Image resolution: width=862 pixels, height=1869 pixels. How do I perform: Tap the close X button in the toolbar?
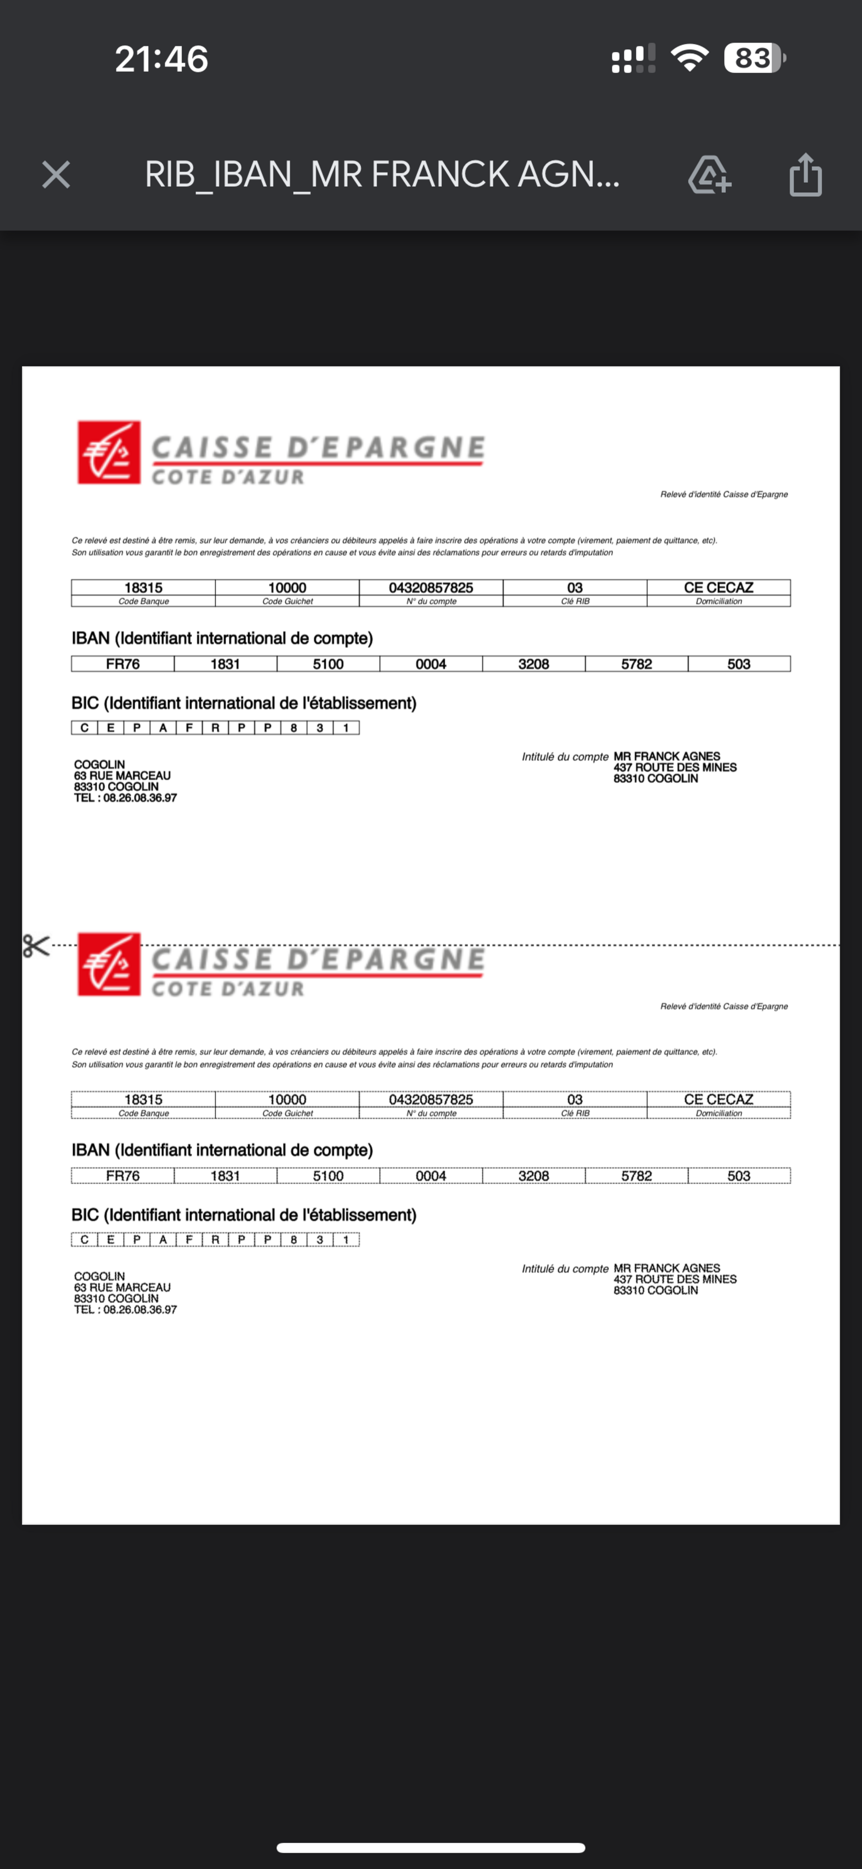click(56, 175)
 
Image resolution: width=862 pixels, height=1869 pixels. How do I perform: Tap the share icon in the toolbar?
click(806, 175)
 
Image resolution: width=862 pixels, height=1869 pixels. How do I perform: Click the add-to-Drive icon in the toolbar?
click(709, 175)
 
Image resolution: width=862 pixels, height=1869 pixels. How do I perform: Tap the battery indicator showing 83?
click(754, 58)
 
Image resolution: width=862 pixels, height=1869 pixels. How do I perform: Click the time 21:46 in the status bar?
click(161, 59)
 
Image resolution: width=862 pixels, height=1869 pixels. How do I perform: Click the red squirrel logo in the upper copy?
click(109, 452)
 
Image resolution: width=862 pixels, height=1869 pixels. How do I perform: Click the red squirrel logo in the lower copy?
click(109, 964)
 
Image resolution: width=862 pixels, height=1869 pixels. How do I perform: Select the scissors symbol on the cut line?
click(35, 946)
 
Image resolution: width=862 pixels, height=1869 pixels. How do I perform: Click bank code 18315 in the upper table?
click(143, 587)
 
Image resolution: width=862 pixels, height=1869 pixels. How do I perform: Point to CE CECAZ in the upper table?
click(718, 587)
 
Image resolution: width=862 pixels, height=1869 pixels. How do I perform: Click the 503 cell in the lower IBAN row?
click(739, 1175)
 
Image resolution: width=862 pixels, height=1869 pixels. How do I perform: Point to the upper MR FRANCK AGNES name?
click(667, 756)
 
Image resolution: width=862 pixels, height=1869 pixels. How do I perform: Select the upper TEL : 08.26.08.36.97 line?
click(125, 797)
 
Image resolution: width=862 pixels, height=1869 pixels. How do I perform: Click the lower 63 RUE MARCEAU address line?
click(122, 1287)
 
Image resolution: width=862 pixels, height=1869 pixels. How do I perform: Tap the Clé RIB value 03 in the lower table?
click(575, 1099)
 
